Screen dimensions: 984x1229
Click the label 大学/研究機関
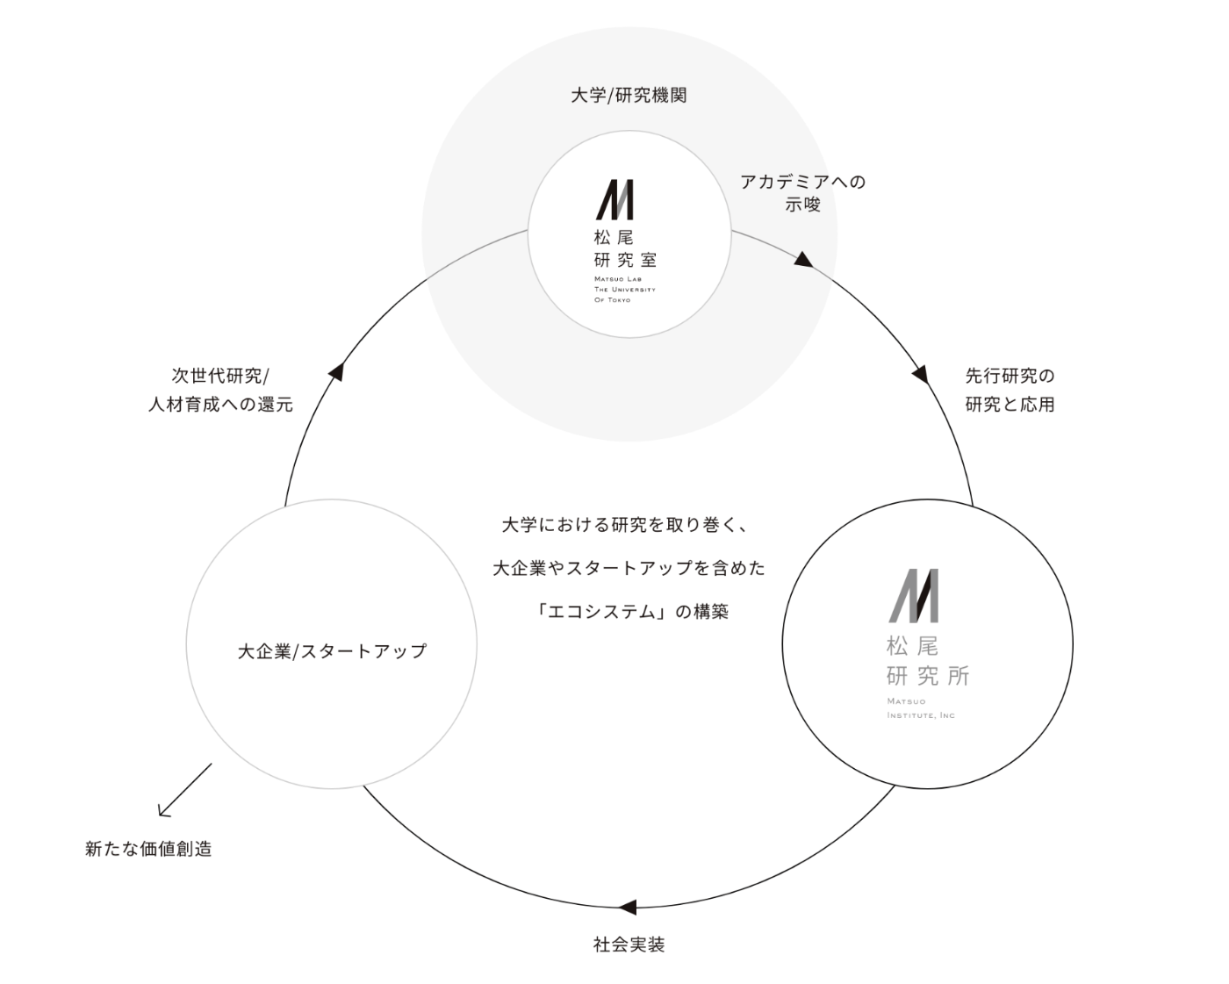pos(628,96)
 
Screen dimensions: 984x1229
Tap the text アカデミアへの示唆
pos(802,193)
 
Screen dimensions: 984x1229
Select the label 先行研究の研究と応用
pos(1010,391)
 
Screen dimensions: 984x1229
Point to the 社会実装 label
pos(629,945)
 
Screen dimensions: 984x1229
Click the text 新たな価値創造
pos(148,850)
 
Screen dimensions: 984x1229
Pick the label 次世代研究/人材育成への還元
pos(219,391)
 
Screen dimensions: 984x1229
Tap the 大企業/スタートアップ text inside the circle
pos(332,651)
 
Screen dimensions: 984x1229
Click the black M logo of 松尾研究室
pos(614,200)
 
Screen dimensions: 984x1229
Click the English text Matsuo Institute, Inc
pos(920,708)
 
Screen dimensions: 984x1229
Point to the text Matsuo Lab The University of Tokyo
pos(624,289)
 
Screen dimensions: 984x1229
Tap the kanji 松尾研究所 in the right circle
pos(927,661)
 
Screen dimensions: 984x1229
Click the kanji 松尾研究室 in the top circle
pos(624,248)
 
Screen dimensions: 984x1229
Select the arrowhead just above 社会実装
pos(627,907)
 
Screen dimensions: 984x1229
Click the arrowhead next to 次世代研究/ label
pos(335,370)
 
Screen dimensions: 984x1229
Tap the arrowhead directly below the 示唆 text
pos(805,259)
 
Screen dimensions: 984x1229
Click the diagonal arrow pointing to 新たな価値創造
pos(184,789)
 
